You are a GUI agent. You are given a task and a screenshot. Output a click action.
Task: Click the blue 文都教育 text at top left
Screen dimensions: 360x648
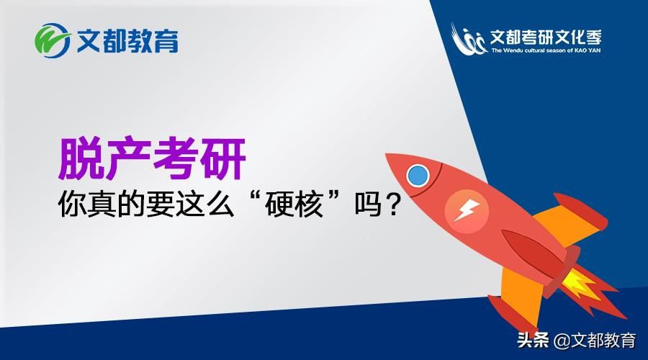pos(127,40)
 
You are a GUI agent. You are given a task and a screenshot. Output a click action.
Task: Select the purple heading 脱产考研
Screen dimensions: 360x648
pos(151,158)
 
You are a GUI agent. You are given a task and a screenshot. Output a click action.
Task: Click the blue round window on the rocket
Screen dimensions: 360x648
pos(417,175)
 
